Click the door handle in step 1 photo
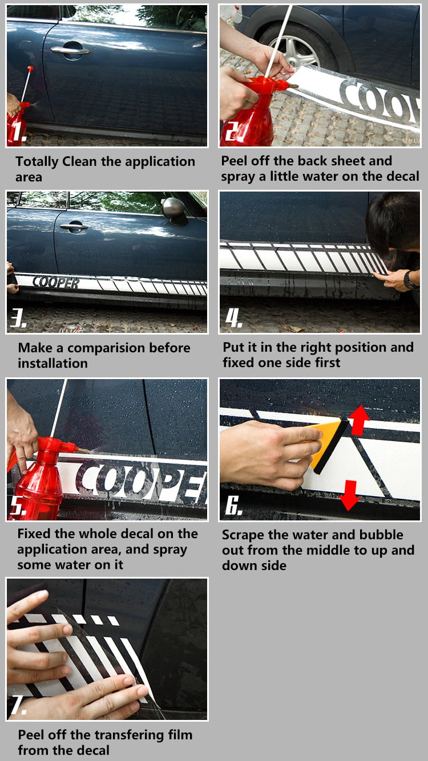(70, 51)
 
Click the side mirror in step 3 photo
(175, 211)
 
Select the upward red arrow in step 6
(360, 420)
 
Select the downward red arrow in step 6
(349, 495)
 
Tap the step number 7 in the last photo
(18, 706)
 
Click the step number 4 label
(233, 318)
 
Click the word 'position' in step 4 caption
(359, 347)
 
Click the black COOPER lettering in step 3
(56, 282)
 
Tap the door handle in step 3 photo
(74, 227)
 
